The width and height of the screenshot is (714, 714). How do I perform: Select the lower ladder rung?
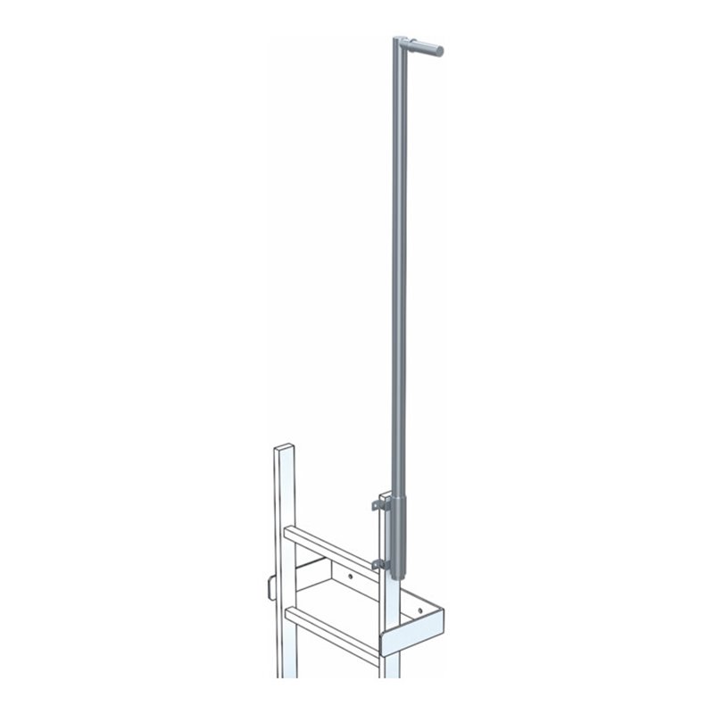(x=330, y=618)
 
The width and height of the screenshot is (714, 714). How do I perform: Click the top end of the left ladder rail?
(x=283, y=445)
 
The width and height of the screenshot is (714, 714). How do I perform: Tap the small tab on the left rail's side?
(x=270, y=585)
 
